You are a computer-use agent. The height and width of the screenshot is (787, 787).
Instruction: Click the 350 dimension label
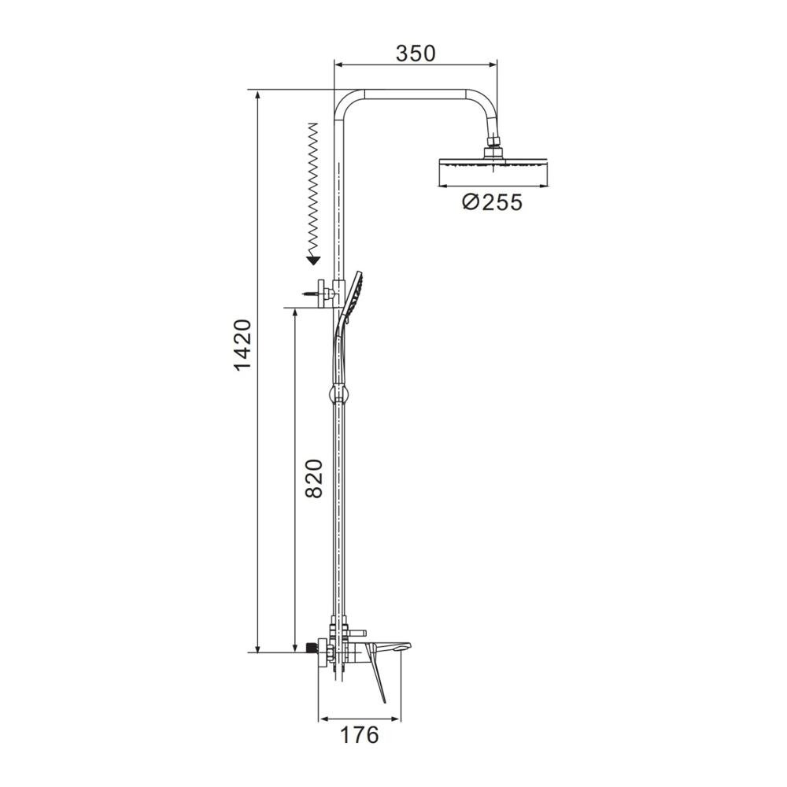pos(416,54)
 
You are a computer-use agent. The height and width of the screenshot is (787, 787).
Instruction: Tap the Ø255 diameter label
pos(493,202)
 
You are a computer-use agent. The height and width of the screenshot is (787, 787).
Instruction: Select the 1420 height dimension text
pos(242,345)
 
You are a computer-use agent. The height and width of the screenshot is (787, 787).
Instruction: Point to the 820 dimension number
pos(314,478)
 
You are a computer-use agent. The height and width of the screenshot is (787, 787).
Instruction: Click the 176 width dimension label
pos(360,735)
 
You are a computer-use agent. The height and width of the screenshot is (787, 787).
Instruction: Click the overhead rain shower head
pos(493,171)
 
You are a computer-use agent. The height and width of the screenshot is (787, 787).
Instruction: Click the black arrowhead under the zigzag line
pos(314,260)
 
